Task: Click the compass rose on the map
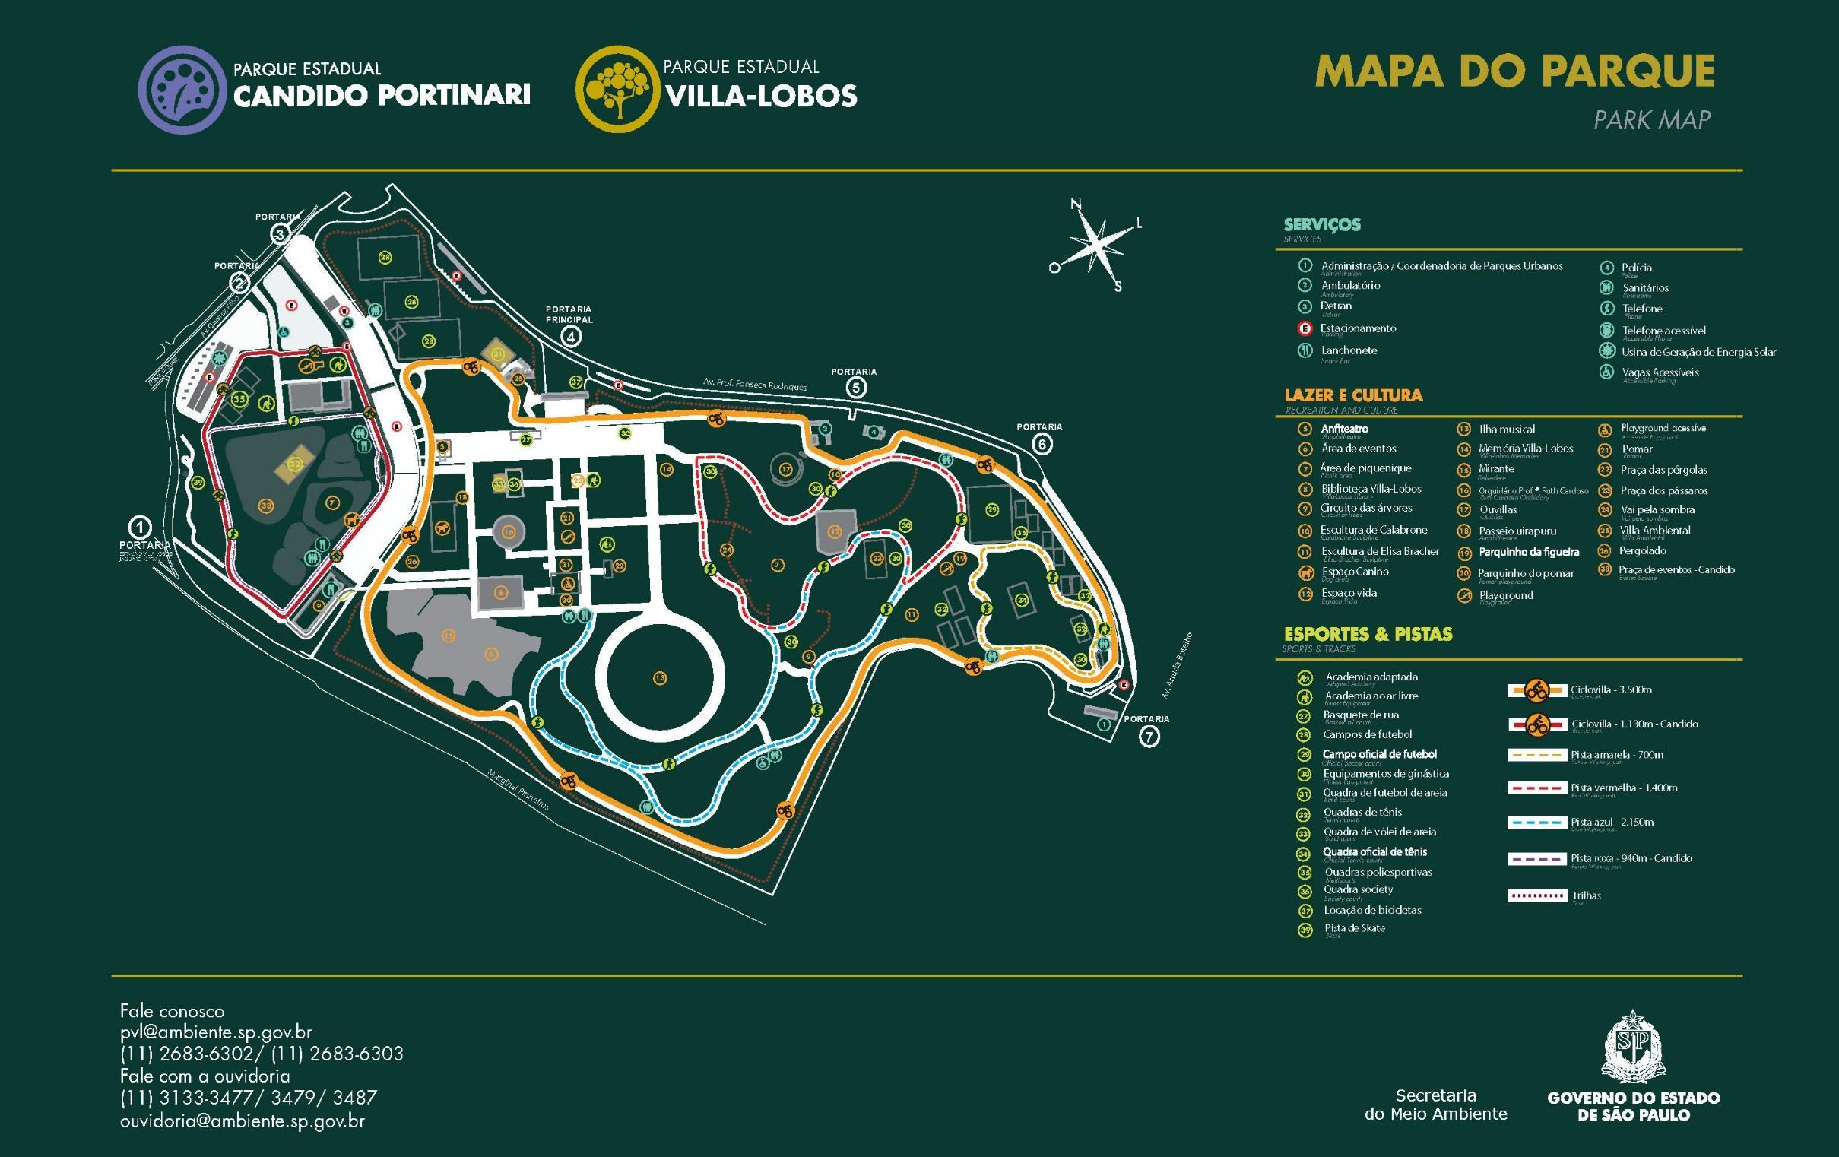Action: click(1097, 245)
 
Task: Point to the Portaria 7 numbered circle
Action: click(1149, 736)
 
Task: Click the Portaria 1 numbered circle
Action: click(140, 527)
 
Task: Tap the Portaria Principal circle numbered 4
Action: click(569, 336)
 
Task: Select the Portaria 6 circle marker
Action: click(1042, 444)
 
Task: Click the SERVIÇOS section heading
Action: click(1322, 224)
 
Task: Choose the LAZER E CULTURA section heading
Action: click(1352, 395)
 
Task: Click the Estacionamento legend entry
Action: click(1357, 328)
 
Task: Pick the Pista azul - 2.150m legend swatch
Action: click(1536, 823)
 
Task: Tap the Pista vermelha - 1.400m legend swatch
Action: click(1536, 788)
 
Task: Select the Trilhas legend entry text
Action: click(1586, 895)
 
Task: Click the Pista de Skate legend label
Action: click(1354, 929)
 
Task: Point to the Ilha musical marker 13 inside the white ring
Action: click(660, 678)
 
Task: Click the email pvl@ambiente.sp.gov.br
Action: click(216, 1032)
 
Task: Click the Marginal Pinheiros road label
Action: click(518, 790)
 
